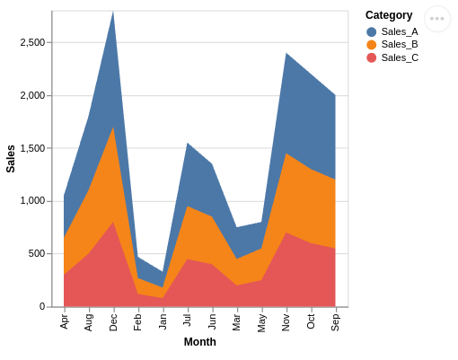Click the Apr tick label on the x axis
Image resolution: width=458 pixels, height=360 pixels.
click(x=65, y=321)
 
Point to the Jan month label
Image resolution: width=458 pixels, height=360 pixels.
click(x=163, y=321)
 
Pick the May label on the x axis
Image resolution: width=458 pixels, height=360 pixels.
click(x=262, y=322)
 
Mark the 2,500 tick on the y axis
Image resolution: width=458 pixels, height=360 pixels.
click(x=32, y=43)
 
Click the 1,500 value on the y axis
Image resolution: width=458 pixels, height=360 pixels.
click(x=32, y=148)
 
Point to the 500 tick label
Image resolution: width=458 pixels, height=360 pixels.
click(x=37, y=254)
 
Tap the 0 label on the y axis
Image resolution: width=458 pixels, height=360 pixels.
click(x=41, y=306)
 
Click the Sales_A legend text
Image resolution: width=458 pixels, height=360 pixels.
click(x=400, y=31)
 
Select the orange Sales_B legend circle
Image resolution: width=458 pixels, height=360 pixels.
click(x=372, y=45)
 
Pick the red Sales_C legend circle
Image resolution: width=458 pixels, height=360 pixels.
click(x=372, y=57)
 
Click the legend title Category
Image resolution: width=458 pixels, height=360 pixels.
click(x=389, y=15)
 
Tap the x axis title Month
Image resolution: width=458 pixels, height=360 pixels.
click(x=200, y=342)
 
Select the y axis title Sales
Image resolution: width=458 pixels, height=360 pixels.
click(x=11, y=159)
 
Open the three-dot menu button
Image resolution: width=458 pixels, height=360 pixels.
click(x=437, y=19)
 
